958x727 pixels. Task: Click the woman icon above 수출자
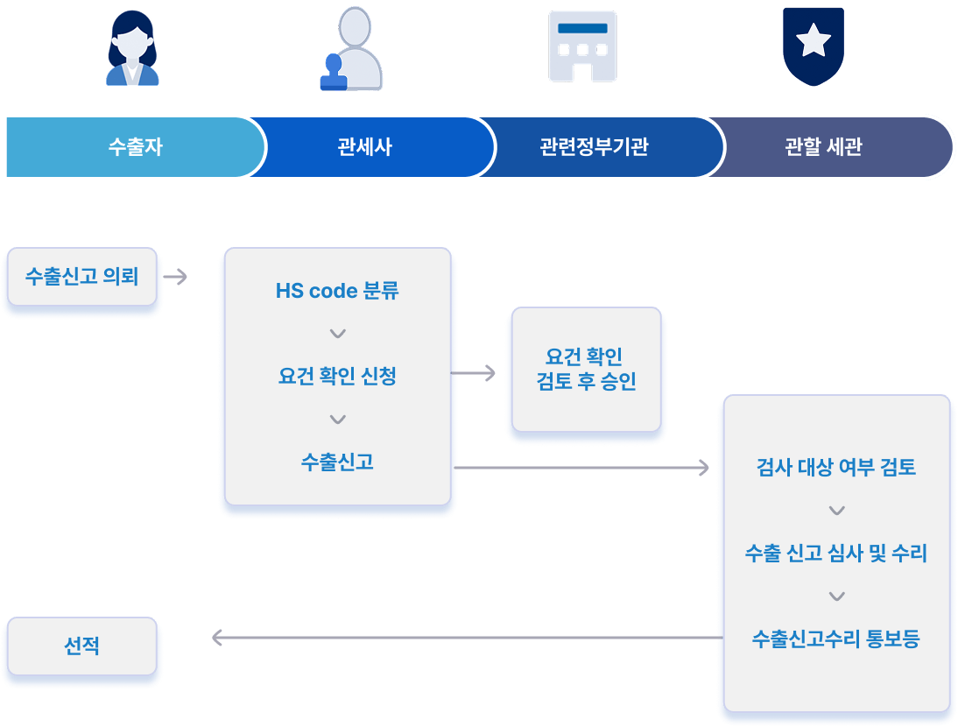coord(132,48)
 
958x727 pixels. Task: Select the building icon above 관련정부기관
coord(581,47)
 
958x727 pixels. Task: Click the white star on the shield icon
coord(814,39)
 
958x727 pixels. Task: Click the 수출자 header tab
coord(135,146)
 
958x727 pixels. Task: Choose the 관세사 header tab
coord(364,146)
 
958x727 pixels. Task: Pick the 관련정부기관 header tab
coord(594,146)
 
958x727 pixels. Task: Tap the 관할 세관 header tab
coord(823,146)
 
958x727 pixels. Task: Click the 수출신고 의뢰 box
coord(81,277)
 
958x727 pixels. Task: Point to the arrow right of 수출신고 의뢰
coord(176,278)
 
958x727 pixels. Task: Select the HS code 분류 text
coord(337,291)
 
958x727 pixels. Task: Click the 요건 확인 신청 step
coord(337,377)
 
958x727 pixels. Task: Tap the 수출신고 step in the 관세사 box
coord(337,462)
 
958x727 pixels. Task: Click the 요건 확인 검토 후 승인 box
coord(585,369)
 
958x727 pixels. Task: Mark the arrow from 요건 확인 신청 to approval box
coord(474,374)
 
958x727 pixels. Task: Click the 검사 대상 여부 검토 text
coord(835,467)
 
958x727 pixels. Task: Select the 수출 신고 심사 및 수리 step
coord(835,553)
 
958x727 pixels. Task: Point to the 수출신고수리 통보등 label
coord(835,638)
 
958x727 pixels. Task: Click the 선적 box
coord(81,646)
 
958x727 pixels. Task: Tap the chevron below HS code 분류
coord(338,334)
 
